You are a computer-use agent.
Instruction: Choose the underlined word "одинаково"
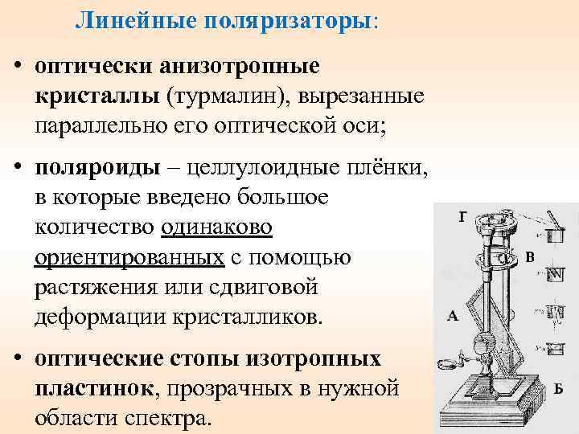point(216,227)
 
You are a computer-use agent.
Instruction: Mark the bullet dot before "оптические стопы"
point(16,358)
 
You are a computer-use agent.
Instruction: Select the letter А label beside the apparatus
point(453,316)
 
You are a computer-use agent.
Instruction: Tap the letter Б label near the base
point(558,389)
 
